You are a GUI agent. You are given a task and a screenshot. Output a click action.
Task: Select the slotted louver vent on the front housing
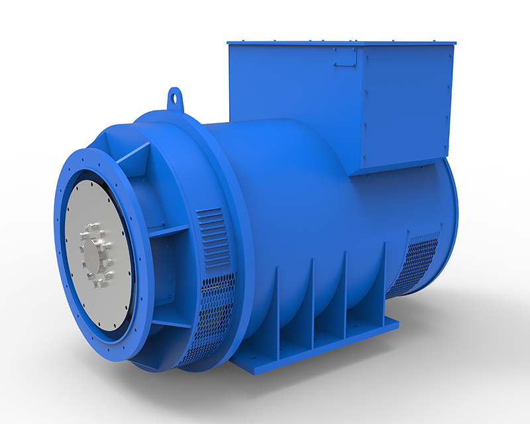click(x=211, y=236)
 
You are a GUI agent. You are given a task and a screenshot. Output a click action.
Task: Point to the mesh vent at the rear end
click(x=414, y=262)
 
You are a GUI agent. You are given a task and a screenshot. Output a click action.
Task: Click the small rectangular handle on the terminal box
click(x=344, y=56)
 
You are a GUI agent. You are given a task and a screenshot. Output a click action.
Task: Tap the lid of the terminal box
click(x=341, y=42)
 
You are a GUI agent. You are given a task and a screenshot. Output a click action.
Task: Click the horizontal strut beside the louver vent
click(x=169, y=232)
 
